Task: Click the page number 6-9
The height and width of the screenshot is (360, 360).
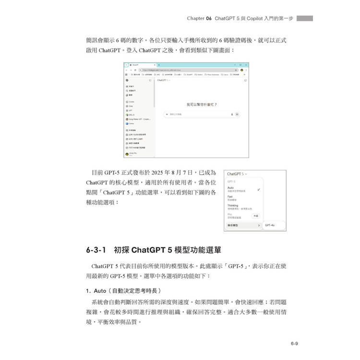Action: pos(294,343)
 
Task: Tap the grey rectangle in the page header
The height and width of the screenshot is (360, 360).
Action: pos(305,18)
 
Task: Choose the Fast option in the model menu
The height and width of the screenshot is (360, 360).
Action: pos(230,197)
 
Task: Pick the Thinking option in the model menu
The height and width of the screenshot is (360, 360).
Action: pos(233,206)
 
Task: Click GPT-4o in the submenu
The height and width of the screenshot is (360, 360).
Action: pos(269,225)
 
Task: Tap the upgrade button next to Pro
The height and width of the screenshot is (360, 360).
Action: pos(256,216)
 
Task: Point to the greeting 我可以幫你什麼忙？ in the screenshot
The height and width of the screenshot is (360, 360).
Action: pos(202,104)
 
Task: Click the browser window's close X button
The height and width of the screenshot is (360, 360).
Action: pos(246,64)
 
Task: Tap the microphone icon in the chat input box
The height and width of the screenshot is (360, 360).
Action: pos(232,115)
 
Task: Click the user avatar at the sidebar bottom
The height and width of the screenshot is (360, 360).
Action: pos(127,154)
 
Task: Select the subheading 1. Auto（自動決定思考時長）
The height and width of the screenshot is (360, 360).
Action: pos(124,291)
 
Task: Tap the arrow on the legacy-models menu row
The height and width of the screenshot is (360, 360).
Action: pos(259,225)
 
